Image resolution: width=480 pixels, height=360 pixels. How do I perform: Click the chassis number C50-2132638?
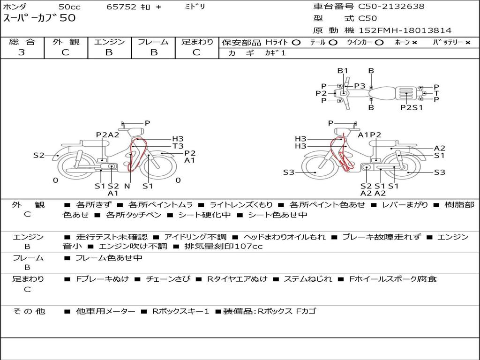pos(391,7)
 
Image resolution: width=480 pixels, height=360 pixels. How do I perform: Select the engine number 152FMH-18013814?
pos(405,30)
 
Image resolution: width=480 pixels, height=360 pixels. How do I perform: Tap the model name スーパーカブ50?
pos(39,18)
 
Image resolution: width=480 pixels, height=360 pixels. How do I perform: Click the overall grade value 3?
pos(22,52)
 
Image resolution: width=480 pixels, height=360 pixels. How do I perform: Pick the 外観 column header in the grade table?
pos(66,42)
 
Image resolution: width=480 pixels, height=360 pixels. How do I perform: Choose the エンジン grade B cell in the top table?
pos(109,52)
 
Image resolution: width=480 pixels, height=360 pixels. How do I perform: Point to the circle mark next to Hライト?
pos(296,43)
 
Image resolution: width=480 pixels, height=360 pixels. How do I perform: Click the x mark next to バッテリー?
pos(468,43)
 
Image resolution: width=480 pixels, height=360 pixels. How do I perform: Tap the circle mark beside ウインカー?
pos(379,43)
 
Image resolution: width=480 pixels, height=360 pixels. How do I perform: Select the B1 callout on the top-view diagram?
pos(343,71)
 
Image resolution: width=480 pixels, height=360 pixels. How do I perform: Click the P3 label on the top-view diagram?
pos(360,86)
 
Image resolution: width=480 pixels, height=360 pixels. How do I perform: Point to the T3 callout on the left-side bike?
pos(178,146)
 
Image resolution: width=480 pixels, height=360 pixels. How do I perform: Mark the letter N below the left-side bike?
pos(127,186)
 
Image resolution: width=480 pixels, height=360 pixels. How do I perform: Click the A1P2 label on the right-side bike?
pos(369,135)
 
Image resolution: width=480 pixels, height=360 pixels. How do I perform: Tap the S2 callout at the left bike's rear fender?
pos(39,156)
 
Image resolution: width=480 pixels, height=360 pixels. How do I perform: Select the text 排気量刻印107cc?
pos(224,246)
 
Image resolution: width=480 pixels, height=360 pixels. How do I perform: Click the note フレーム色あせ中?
pos(109,258)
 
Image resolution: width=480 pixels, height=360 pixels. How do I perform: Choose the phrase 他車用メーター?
pos(105,311)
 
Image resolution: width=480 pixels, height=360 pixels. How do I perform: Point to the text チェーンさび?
pos(168,279)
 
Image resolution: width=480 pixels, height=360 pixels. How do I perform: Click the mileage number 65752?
pos(121,7)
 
